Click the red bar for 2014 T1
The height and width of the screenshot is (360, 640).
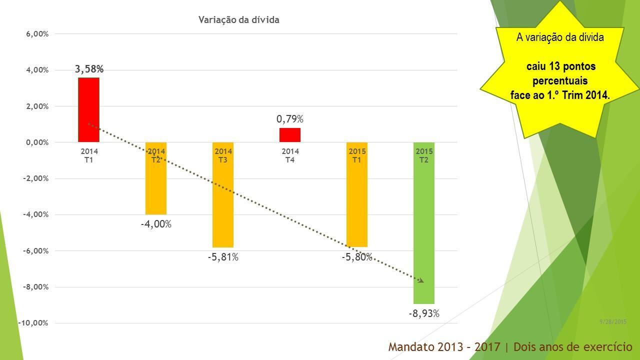coord(88,110)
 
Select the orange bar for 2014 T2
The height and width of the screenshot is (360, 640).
coord(156,185)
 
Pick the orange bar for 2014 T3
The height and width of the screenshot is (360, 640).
coord(223,200)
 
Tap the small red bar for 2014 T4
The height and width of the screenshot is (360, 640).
coord(290,135)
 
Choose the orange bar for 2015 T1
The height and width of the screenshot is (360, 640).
coord(357,200)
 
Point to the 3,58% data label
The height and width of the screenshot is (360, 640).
coord(89,69)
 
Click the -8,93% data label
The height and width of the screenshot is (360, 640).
coord(424,314)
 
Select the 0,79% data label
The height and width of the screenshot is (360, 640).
coord(290,119)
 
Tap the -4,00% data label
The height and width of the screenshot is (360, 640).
coord(156,224)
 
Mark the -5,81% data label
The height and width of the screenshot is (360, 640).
coord(223,257)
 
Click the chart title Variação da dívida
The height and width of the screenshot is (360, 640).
coord(239,20)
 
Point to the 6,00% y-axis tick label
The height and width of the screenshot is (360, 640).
coord(37,34)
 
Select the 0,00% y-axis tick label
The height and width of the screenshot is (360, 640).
coord(37,142)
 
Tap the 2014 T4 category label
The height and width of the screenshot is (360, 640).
coord(290,155)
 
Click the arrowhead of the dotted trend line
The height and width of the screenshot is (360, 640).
coord(421,281)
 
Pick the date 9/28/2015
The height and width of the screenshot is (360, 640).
coord(613,322)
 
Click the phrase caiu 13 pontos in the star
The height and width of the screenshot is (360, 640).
coord(560,66)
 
